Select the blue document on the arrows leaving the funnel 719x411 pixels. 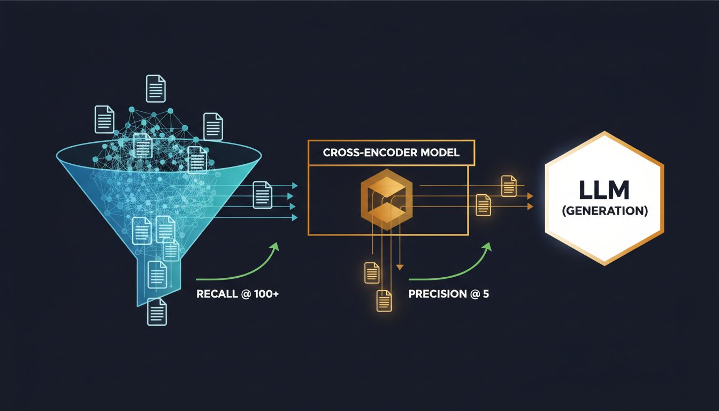[262, 193]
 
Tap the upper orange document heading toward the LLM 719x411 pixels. [508, 186]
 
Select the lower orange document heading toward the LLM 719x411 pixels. [484, 204]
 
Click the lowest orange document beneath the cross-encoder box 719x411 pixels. [384, 300]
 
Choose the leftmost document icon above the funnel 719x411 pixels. [104, 119]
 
